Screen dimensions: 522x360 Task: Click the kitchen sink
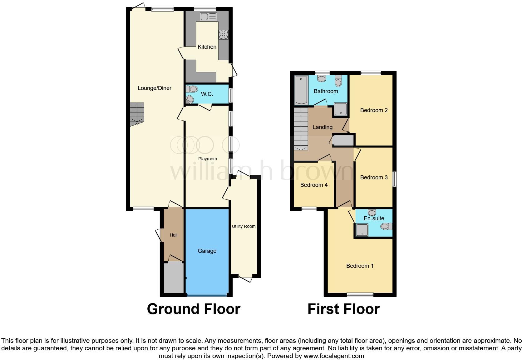tap(208, 17)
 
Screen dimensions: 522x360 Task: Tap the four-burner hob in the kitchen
tap(224, 35)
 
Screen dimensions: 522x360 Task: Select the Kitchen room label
tap(207, 47)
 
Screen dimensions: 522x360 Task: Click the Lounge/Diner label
tap(154, 88)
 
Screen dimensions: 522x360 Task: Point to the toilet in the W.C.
tap(192, 89)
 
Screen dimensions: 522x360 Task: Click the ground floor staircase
tap(137, 114)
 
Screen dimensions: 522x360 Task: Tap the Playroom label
tap(207, 159)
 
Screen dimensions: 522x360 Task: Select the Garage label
tap(207, 251)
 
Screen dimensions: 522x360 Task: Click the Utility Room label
tap(244, 226)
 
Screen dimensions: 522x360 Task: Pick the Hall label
tap(174, 235)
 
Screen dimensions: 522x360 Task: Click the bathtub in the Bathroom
tap(301, 90)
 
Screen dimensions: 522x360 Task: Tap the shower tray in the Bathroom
tap(341, 109)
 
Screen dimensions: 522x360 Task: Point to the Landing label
tap(322, 127)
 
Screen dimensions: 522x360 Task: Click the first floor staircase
tap(301, 129)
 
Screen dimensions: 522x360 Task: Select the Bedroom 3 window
tap(394, 179)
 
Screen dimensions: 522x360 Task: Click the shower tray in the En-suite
tap(362, 230)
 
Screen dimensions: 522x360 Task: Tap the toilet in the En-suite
tap(387, 226)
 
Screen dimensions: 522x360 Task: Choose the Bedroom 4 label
tap(314, 185)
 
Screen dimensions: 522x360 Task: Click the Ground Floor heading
tap(194, 309)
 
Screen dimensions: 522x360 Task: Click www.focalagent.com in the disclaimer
tap(334, 356)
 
